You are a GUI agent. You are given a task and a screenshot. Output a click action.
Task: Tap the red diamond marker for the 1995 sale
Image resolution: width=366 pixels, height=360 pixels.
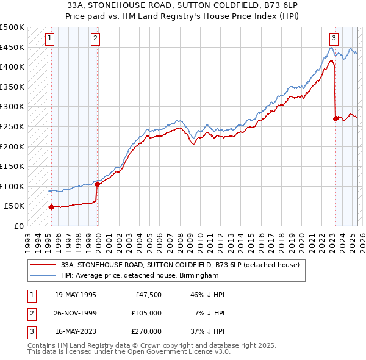point(51,207)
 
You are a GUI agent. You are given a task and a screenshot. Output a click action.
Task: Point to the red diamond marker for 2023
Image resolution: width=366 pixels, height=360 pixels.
point(335,118)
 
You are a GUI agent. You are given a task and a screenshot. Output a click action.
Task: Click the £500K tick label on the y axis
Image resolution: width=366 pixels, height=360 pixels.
point(12,27)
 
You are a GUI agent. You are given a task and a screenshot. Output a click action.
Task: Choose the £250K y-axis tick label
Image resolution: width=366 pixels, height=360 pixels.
point(12,126)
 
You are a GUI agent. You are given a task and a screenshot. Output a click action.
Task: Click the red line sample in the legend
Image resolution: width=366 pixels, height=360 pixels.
point(43,265)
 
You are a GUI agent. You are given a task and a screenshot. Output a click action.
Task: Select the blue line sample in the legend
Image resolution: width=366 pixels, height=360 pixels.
point(43,276)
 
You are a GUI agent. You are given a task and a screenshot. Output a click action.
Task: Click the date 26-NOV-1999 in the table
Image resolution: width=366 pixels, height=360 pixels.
point(76,313)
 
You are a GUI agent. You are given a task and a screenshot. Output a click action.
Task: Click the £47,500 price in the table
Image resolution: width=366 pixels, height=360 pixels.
point(146,295)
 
